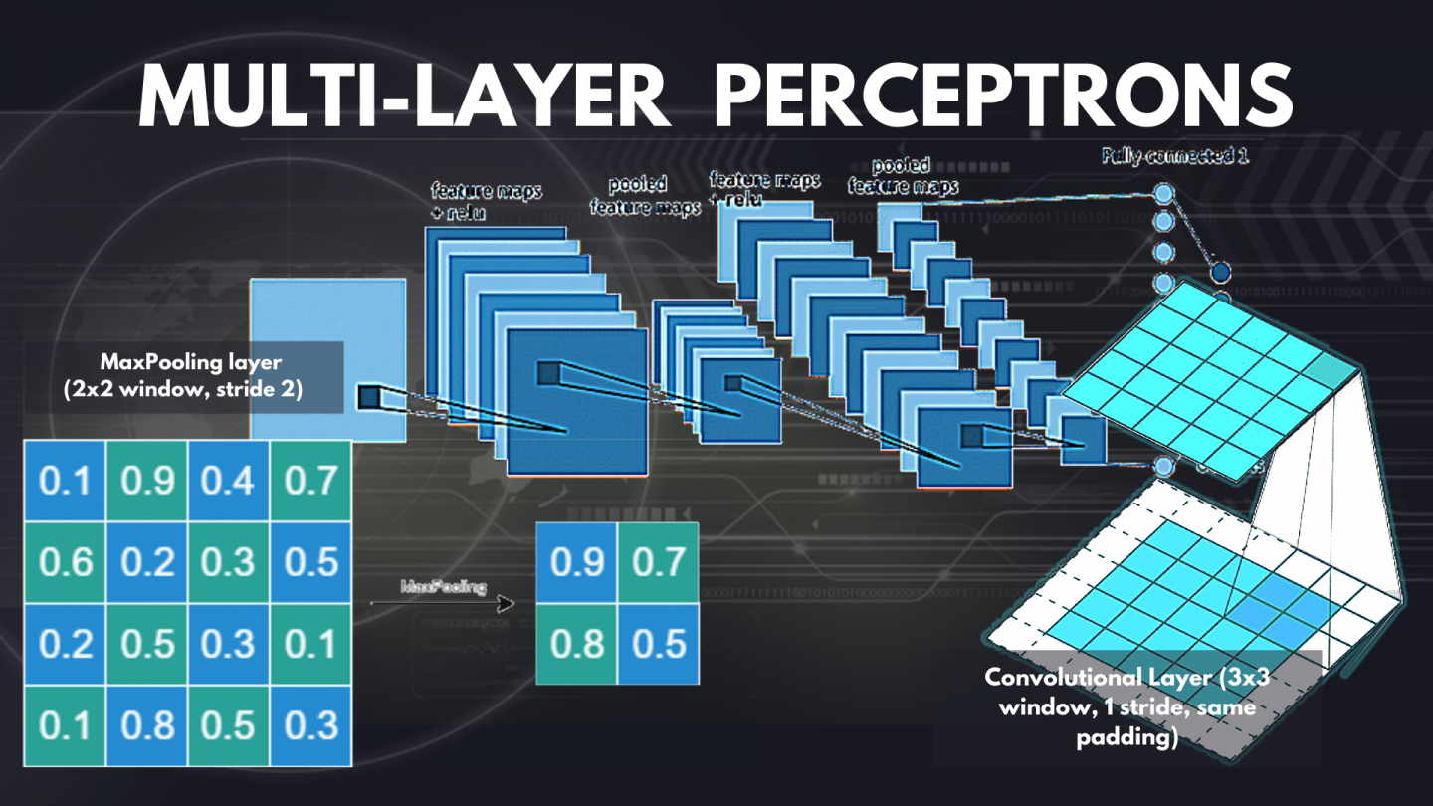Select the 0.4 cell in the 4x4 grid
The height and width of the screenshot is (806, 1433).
point(229,482)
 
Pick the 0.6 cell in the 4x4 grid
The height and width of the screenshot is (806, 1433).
point(65,562)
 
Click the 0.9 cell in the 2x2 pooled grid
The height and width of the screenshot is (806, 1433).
point(577,562)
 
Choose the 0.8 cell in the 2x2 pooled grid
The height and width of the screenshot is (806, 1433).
point(577,644)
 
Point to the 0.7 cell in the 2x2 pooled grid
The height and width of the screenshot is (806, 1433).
point(658,562)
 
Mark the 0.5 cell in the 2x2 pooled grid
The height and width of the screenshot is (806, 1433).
point(658,644)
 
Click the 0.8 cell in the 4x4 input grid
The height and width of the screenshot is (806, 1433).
point(147,725)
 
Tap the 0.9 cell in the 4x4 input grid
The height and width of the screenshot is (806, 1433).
point(147,482)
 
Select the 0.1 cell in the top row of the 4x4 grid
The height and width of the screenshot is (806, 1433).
point(65,482)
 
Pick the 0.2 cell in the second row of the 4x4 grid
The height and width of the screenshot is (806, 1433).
point(147,562)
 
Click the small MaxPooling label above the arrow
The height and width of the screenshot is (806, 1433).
point(443,587)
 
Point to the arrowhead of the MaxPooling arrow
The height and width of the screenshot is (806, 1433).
point(509,603)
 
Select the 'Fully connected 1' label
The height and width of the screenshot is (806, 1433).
point(1174,156)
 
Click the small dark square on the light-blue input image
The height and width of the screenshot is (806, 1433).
point(369,397)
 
